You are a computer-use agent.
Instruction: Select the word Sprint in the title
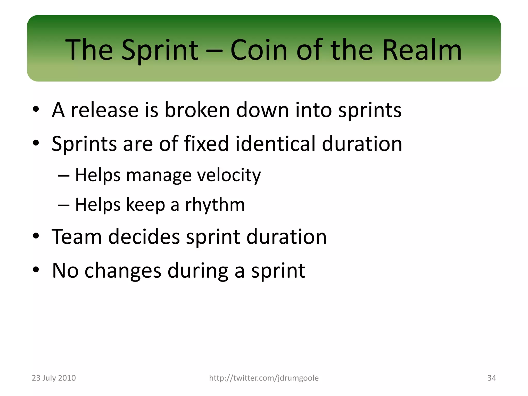click(160, 50)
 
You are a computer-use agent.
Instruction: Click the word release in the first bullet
click(104, 110)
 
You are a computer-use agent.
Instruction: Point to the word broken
click(197, 110)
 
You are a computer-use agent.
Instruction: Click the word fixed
click(206, 144)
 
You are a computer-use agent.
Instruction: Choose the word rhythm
click(215, 205)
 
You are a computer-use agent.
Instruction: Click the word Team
click(77, 237)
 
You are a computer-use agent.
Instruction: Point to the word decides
click(144, 237)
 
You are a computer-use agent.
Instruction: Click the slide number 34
click(491, 378)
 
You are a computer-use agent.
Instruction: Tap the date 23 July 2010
click(54, 378)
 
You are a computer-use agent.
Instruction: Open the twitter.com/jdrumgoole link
click(264, 378)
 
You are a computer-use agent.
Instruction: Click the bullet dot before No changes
click(36, 270)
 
